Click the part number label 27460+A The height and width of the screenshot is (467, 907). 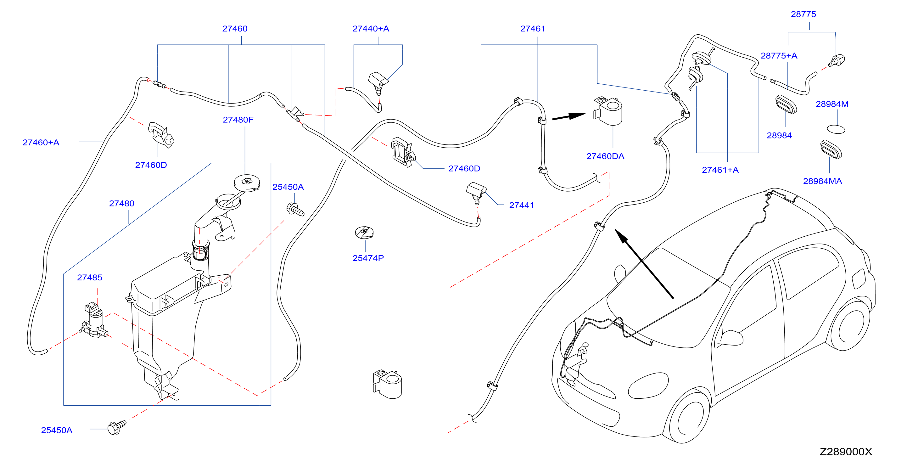click(x=41, y=142)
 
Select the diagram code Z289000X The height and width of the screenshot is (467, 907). click(x=846, y=452)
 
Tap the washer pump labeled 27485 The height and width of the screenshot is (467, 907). click(x=94, y=320)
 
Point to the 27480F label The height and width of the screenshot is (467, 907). click(x=238, y=120)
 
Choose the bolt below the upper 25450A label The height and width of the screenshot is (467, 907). click(x=295, y=210)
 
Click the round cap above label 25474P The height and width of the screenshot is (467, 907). click(x=364, y=233)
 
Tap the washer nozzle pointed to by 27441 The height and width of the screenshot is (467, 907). click(x=476, y=193)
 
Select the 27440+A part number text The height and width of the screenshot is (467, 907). click(x=371, y=29)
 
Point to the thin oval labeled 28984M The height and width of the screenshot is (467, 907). click(x=836, y=129)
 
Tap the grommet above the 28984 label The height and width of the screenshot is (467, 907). click(x=786, y=104)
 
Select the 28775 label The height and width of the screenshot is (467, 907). click(x=803, y=14)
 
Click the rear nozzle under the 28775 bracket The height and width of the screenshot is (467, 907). click(x=837, y=60)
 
